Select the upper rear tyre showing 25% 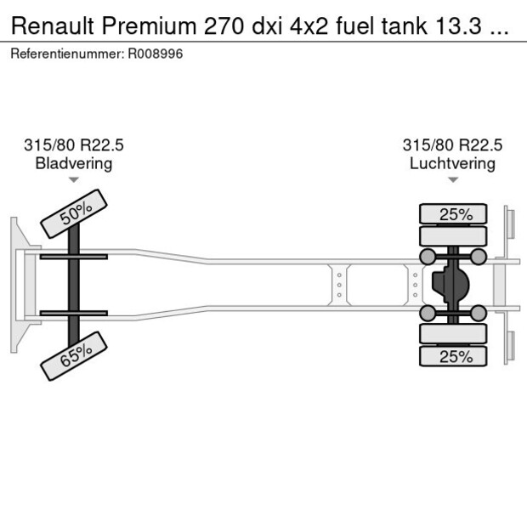coord(455,214)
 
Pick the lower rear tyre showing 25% coord(455,356)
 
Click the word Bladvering coord(73,163)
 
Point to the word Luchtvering coord(452,163)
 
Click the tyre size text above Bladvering coord(73,145)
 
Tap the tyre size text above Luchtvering coord(452,145)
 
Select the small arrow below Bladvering coord(74,180)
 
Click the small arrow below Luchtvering coord(453,180)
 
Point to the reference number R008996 coord(155,54)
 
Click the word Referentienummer coord(67,54)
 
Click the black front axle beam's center coord(74,284)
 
